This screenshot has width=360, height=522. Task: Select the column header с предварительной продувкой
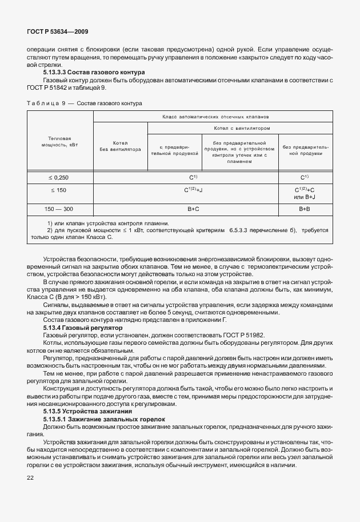point(175,150)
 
